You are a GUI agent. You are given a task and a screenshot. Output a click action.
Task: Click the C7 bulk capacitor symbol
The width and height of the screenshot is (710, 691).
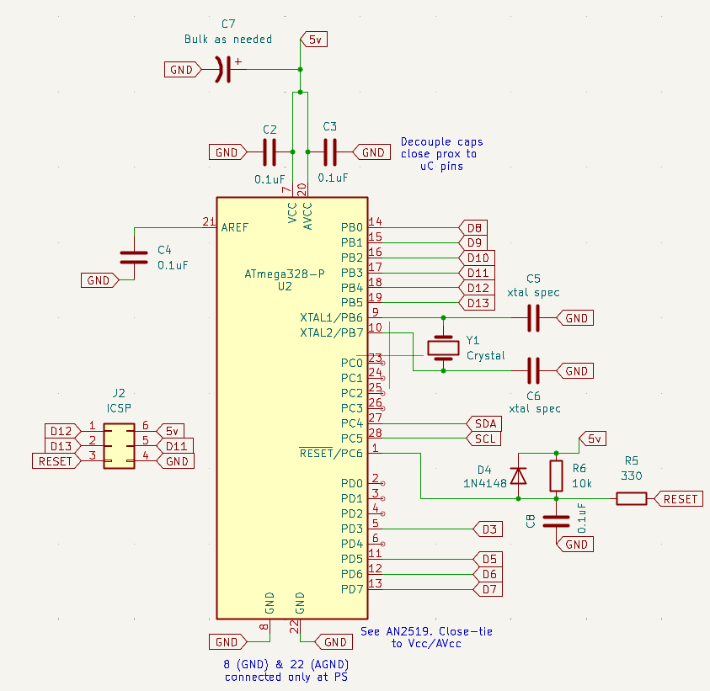point(222,70)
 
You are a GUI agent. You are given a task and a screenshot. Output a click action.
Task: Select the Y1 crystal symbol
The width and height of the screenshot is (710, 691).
point(443,346)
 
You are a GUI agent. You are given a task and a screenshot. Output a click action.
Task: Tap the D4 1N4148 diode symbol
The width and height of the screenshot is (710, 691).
point(519,476)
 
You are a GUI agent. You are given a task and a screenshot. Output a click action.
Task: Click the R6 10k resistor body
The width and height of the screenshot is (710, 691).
point(556,476)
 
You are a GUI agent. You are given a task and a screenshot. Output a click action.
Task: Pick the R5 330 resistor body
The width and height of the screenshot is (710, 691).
point(631,499)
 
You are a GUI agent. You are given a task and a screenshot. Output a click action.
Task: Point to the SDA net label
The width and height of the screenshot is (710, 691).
point(483,423)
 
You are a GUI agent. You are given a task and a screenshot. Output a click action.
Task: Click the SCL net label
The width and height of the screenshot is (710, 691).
point(483,439)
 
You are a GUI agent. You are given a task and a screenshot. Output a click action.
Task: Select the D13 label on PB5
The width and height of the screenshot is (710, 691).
point(476,302)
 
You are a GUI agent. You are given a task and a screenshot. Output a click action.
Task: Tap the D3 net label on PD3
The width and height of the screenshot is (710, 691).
point(488,529)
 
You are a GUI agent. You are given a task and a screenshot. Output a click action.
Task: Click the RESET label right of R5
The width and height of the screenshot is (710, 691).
point(678,499)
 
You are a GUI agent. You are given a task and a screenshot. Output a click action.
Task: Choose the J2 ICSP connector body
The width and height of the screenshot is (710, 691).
point(119,445)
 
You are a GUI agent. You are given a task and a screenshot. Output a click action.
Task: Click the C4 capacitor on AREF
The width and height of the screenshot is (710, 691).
point(128,258)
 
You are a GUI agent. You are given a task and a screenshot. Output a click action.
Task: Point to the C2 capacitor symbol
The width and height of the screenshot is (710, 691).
point(270,152)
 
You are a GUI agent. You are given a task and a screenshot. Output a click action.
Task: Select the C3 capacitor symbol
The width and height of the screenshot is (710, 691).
point(330,152)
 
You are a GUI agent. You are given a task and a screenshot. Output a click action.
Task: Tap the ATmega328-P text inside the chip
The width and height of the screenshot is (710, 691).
point(284,274)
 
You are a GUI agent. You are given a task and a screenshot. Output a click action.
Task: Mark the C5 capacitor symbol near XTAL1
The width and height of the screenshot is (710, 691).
point(532,318)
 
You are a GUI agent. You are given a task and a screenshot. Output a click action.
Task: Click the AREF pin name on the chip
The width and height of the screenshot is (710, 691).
point(235,227)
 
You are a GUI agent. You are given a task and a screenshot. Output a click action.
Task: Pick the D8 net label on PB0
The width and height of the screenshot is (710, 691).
point(472,227)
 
